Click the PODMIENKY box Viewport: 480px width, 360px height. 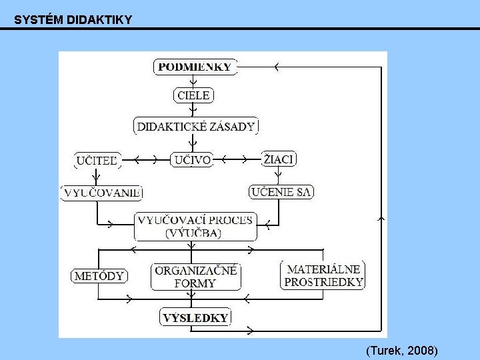(x=195, y=67)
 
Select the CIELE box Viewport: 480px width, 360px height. (x=193, y=95)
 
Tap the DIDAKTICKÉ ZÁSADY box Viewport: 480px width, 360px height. (x=196, y=126)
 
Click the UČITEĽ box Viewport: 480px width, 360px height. (x=97, y=160)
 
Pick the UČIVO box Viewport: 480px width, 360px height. (x=191, y=160)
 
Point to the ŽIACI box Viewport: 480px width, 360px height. (x=279, y=159)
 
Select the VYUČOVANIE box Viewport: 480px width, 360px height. (x=102, y=193)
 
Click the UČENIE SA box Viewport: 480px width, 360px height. (x=281, y=192)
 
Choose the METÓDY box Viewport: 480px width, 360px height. (x=99, y=275)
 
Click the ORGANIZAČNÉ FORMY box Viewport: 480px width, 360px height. (x=195, y=276)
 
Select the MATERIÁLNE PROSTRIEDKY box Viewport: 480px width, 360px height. (x=323, y=275)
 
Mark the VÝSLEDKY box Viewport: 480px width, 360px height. (x=195, y=317)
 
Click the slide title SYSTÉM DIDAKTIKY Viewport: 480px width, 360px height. (x=73, y=20)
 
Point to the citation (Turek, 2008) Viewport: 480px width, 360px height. (x=401, y=350)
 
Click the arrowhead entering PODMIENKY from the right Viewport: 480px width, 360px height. (x=276, y=67)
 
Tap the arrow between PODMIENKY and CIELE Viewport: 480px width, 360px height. (x=193, y=82)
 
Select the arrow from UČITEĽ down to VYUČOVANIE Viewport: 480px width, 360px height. (x=97, y=176)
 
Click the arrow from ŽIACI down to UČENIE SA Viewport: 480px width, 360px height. (x=278, y=175)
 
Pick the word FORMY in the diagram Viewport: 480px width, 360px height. (x=195, y=283)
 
